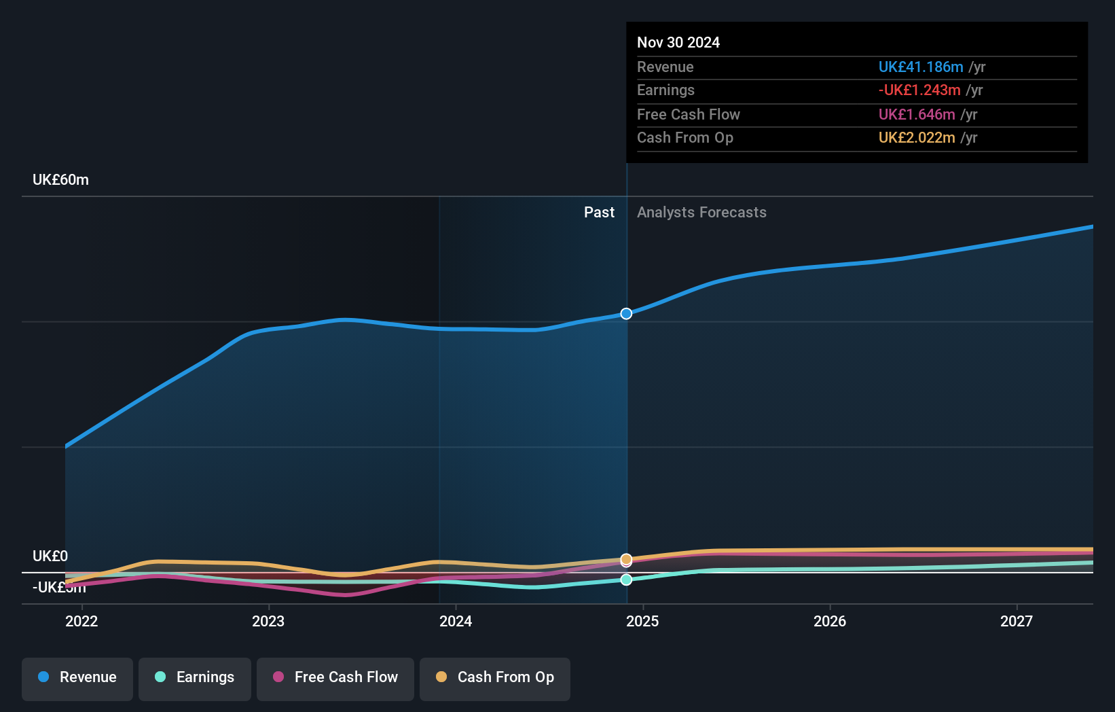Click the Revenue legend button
pyautogui.click(x=77, y=677)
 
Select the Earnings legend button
pyautogui.click(x=195, y=677)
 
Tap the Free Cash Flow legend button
pyautogui.click(x=335, y=677)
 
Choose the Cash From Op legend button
pyautogui.click(x=495, y=677)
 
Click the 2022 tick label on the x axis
pyautogui.click(x=81, y=621)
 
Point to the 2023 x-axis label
pyautogui.click(x=268, y=621)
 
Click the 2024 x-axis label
pyautogui.click(x=456, y=621)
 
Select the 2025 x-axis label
pyautogui.click(x=642, y=621)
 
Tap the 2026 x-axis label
pyautogui.click(x=830, y=621)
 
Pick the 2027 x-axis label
pyautogui.click(x=1017, y=621)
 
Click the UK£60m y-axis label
pyautogui.click(x=60, y=180)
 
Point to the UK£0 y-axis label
pyautogui.click(x=50, y=556)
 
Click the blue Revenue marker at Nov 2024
pyautogui.click(x=626, y=314)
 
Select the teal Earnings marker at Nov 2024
pyautogui.click(x=626, y=580)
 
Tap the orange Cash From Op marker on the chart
pyautogui.click(x=626, y=558)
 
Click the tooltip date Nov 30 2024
pyautogui.click(x=678, y=43)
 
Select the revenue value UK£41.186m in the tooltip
pyautogui.click(x=921, y=67)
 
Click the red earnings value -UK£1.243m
pyautogui.click(x=919, y=90)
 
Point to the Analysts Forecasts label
pyautogui.click(x=701, y=213)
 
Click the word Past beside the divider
pyautogui.click(x=599, y=213)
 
